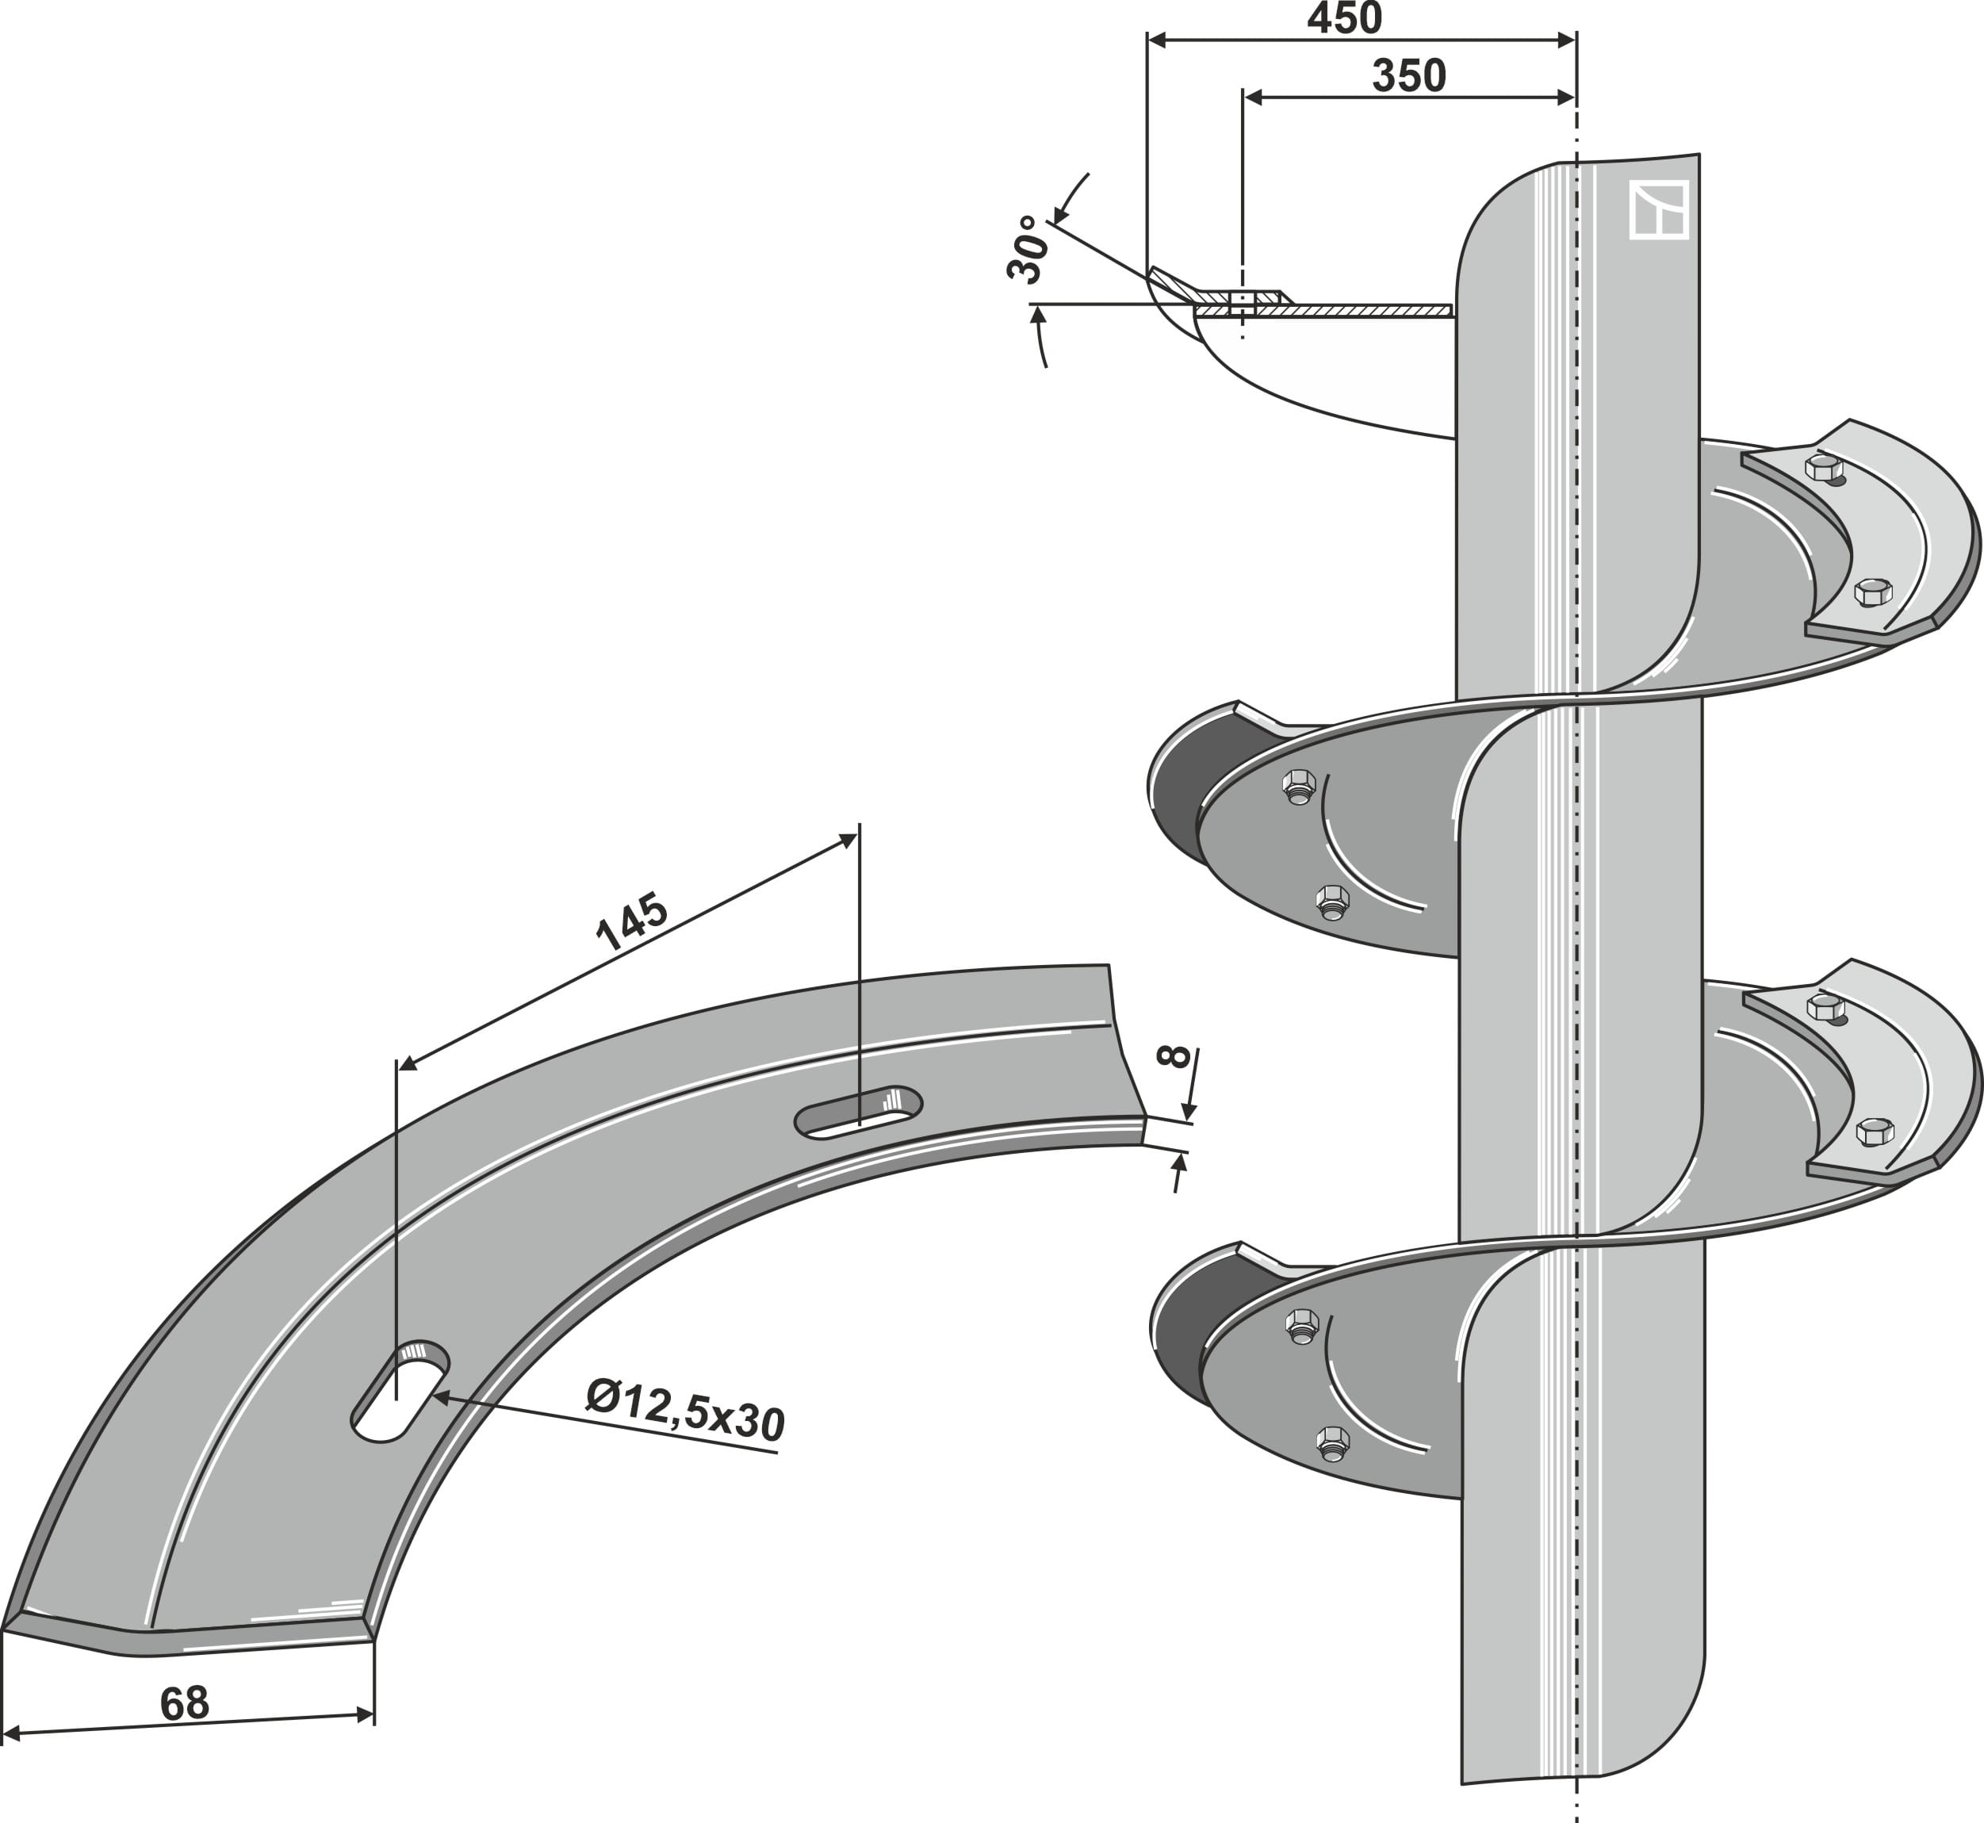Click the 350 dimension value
[1409, 76]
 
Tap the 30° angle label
[1026, 251]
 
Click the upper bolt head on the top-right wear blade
[1823, 468]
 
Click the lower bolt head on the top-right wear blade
[1872, 593]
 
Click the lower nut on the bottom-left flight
[1333, 1442]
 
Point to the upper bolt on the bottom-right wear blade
[1825, 1007]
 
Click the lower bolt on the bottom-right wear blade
[1875, 1132]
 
